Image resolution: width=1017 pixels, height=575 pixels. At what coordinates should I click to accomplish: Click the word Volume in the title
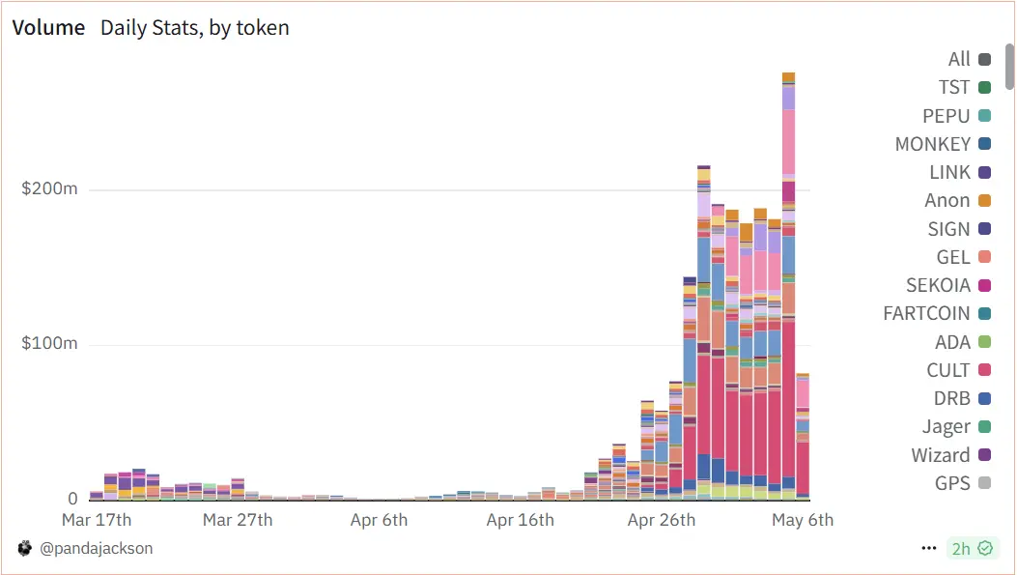(48, 27)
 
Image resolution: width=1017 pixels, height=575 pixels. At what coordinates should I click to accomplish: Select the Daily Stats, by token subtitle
(194, 27)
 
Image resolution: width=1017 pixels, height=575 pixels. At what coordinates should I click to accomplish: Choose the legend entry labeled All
(959, 59)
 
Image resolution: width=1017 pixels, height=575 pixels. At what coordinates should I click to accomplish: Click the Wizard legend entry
(940, 455)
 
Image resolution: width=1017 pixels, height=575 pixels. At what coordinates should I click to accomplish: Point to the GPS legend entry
(952, 483)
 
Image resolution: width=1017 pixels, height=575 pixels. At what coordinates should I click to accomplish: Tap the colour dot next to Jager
(984, 427)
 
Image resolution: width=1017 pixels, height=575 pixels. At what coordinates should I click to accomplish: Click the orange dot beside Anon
(984, 201)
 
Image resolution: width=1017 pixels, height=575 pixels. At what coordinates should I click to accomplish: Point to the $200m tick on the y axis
(49, 188)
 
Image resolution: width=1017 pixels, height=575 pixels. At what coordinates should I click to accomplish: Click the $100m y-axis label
(49, 344)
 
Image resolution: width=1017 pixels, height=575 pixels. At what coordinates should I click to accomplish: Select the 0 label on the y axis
(72, 499)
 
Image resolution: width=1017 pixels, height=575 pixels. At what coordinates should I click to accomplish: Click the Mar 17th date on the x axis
(97, 520)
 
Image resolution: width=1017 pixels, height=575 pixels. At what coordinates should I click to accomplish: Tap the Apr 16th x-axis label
(521, 520)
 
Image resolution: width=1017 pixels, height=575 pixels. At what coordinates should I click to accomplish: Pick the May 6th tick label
(802, 520)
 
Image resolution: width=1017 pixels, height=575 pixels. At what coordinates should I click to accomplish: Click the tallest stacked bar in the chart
(788, 290)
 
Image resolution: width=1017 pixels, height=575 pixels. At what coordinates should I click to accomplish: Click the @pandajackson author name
(96, 548)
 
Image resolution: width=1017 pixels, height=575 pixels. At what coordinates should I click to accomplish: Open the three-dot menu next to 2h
(929, 548)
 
